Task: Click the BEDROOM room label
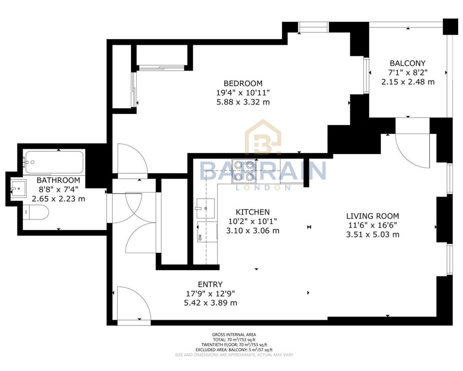pos(243,83)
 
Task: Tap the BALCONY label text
pos(407,63)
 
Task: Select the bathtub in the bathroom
pos(54,162)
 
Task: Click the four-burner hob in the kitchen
pos(244,171)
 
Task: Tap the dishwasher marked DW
pos(207,232)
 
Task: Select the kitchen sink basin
pos(205,208)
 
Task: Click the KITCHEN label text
pos(252,212)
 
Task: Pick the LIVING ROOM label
pos(372,216)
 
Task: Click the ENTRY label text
pos(210,284)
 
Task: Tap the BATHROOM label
pos(58,180)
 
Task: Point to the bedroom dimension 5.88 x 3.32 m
pos(243,102)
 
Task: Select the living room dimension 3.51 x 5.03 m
pos(372,235)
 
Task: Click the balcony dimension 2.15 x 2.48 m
pos(407,82)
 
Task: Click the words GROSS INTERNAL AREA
pos(234,335)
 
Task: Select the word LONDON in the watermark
pos(263,188)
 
